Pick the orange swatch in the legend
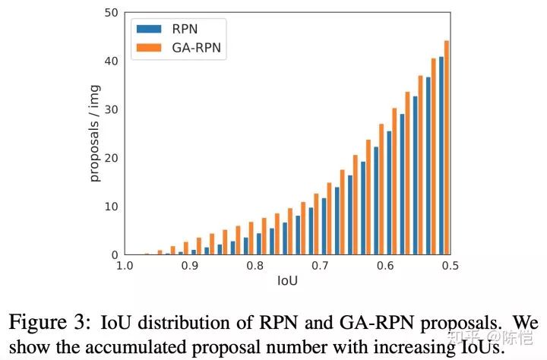pos(148,49)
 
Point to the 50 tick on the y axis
pos(111,13)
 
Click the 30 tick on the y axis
pos(111,109)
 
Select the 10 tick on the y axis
pos(111,207)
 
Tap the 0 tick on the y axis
pos(114,255)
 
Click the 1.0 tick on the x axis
pos(125,267)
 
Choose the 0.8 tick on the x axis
pos(255,267)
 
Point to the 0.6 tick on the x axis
pos(385,267)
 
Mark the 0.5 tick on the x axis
pos(450,267)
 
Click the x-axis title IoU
pos(287,281)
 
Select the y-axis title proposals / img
pos(95,134)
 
